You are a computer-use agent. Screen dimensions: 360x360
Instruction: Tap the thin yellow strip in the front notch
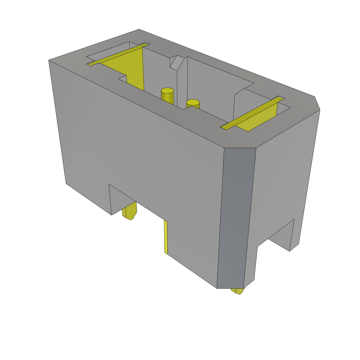click(166, 237)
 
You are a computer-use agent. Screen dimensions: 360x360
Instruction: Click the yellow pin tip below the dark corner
click(238, 291)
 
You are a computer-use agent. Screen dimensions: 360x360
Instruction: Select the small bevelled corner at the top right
click(317, 103)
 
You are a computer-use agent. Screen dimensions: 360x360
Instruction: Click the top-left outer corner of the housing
click(50, 61)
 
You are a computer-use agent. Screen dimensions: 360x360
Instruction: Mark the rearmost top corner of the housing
click(139, 30)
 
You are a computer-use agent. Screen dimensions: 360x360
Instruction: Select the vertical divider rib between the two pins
click(182, 84)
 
